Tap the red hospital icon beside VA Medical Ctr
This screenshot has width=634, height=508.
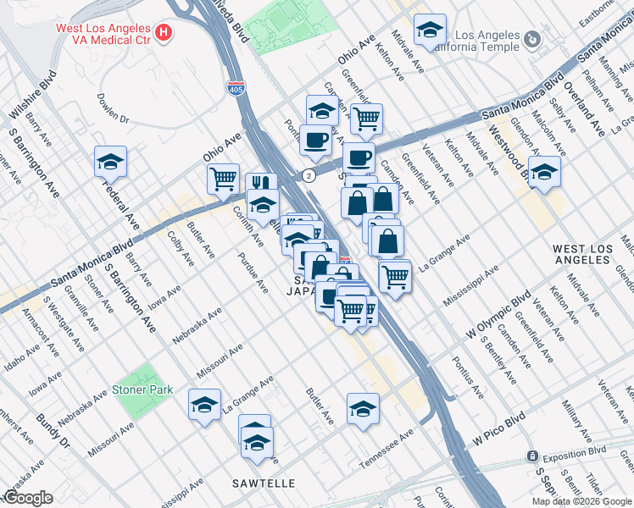164,35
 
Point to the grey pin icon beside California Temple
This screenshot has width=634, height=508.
531,39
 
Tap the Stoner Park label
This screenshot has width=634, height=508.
142,390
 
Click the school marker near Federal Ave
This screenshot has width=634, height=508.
110,161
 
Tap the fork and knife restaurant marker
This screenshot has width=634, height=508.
261,185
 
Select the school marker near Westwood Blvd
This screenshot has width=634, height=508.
545,170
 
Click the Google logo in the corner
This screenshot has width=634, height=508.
28,498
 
